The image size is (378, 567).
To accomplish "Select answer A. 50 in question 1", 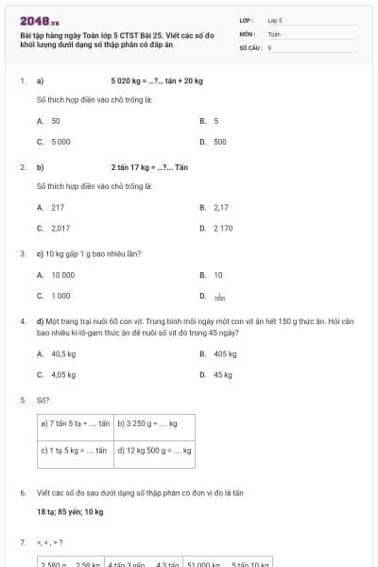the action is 49,122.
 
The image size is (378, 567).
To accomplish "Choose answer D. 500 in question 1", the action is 214,142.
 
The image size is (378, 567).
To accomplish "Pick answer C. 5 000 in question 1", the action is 54,142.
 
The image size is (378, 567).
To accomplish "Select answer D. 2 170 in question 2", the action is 216,228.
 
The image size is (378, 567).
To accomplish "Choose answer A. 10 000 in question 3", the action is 56,275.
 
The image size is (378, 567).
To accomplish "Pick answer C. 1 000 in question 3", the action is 54,296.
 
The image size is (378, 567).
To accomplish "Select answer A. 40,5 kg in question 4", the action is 57,353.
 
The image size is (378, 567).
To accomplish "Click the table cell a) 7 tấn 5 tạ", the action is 76,423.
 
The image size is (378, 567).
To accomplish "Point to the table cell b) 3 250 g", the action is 154,423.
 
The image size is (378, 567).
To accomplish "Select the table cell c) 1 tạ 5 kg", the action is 76,451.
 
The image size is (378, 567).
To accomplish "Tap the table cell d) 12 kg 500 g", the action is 154,451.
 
